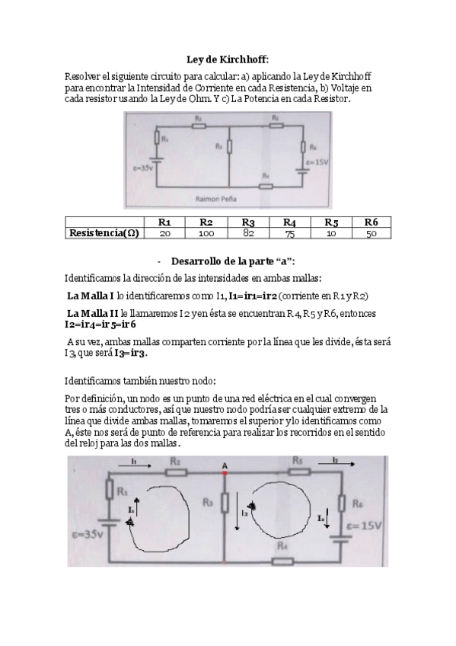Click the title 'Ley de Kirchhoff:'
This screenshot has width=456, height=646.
point(228,59)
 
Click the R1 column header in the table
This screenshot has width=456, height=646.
point(164,222)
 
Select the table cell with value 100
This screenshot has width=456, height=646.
point(206,233)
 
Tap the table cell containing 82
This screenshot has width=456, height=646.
point(247,233)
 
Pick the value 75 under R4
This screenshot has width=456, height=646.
point(289,233)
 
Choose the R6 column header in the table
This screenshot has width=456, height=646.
point(371,222)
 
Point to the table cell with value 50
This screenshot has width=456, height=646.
point(371,233)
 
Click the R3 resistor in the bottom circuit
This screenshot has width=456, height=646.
point(225,504)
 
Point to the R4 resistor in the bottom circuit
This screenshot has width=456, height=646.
point(282,561)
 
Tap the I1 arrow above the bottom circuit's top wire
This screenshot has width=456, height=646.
point(134,462)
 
